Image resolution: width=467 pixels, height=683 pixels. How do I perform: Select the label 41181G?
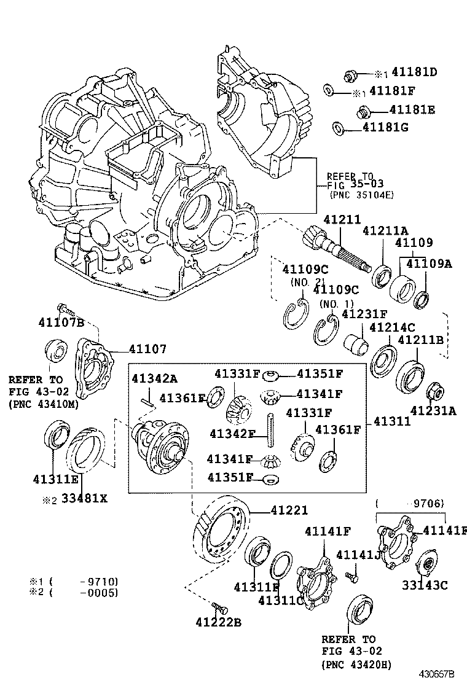coord(385,128)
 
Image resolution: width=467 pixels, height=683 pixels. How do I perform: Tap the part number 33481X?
coord(83,498)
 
